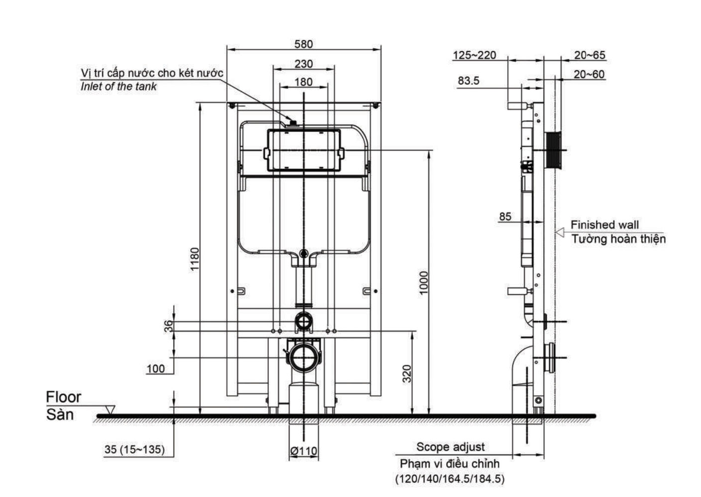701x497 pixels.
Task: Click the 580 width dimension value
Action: coord(303,44)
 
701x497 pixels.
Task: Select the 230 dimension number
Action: coord(304,64)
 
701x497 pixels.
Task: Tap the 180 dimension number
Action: coord(304,82)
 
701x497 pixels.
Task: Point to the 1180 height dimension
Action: coord(195,259)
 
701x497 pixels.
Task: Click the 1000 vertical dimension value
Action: coord(423,282)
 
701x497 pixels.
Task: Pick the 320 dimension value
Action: coord(407,374)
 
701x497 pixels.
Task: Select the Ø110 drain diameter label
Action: coord(303,451)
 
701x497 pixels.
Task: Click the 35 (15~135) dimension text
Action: coord(134,449)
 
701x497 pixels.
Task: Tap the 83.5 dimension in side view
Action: coord(468,81)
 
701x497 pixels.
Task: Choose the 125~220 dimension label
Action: coord(474,55)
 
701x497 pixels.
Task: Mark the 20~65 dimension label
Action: coord(590,55)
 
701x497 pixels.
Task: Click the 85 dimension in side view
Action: coord(505,217)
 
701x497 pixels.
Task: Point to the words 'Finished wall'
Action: coord(604,225)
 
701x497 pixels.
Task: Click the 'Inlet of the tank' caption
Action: coord(118,86)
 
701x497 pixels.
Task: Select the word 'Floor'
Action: coord(63,397)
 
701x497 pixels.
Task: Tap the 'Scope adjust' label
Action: coord(450,447)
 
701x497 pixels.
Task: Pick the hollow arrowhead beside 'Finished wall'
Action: coord(560,232)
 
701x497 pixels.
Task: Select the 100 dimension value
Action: coord(156,369)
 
